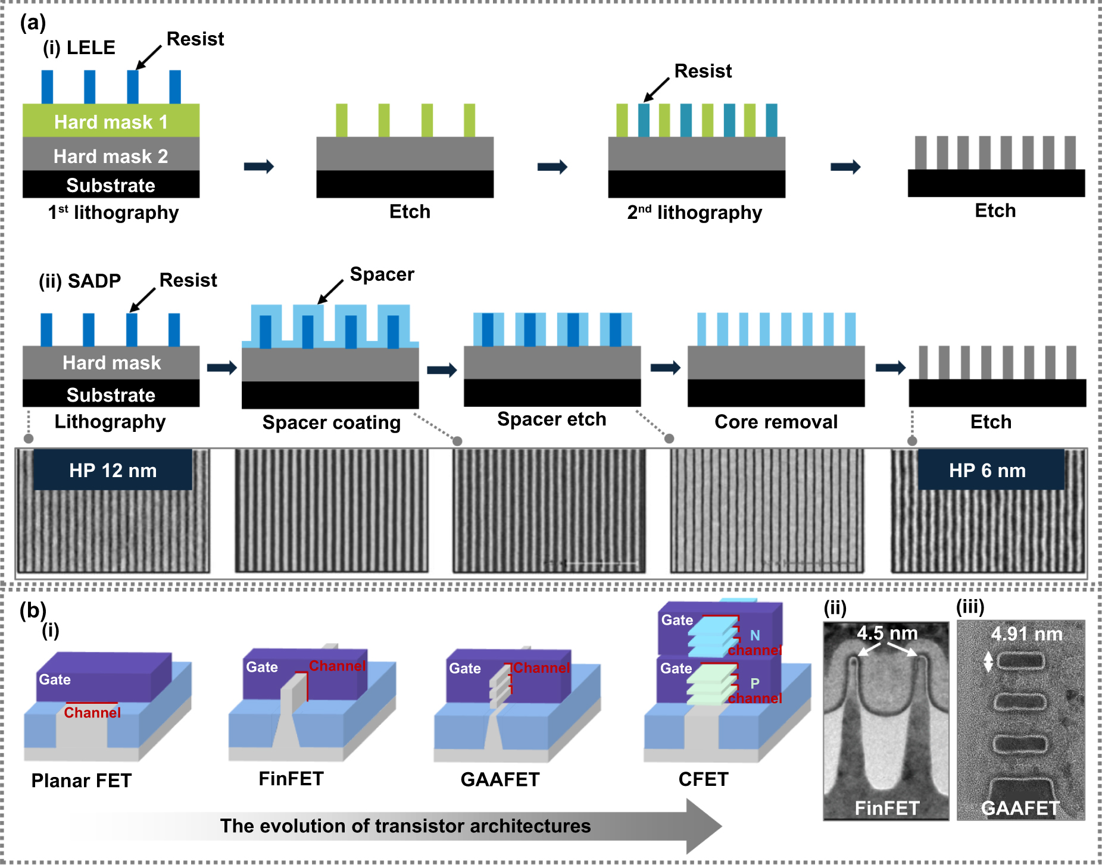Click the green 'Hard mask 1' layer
(111, 121)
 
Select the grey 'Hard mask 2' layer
(111, 155)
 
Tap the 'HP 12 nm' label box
(113, 470)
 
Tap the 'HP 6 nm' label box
(988, 470)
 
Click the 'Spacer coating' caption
(332, 422)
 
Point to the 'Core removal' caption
(776, 422)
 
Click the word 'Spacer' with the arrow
(382, 274)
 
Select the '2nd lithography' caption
(695, 212)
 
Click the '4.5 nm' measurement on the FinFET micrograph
(887, 633)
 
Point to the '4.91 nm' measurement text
(1026, 634)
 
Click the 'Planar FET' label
(82, 781)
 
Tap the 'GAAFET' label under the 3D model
(500, 779)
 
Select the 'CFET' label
(703, 779)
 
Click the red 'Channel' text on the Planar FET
(92, 713)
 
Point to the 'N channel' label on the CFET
(755, 643)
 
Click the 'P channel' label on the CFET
(755, 691)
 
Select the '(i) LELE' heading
(79, 48)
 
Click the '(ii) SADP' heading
(80, 281)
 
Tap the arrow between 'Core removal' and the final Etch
(890, 368)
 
